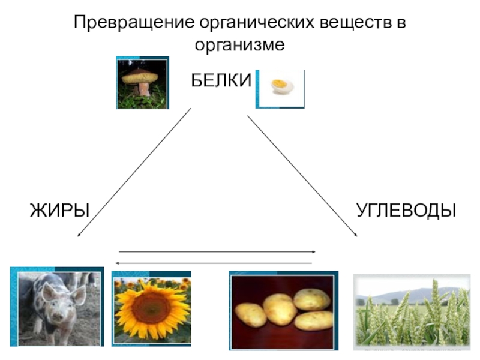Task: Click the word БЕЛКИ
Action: (221, 80)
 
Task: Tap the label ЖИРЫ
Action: (59, 211)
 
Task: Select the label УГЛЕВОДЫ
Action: (406, 211)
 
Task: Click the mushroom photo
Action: (143, 82)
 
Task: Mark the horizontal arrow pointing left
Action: (214, 263)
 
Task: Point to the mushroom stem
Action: (144, 89)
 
